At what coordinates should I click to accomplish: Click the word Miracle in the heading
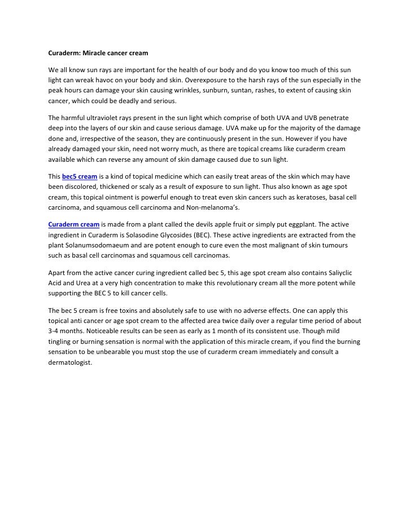[97, 54]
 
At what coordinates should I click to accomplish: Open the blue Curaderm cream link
[72, 224]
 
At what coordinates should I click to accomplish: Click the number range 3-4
[55, 331]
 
